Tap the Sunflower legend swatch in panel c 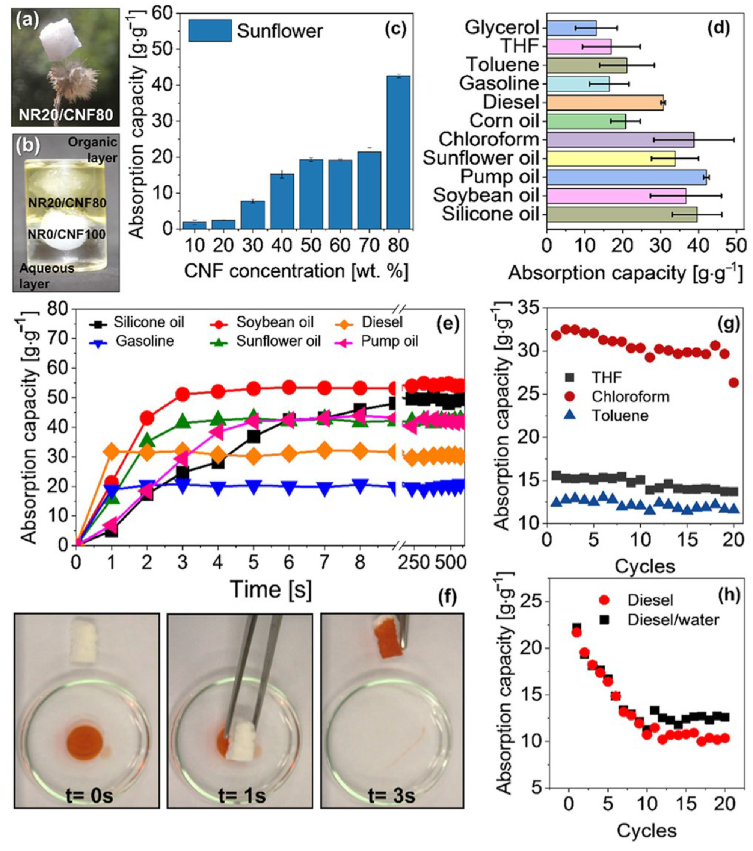pyautogui.click(x=210, y=30)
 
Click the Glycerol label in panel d pyautogui.click(x=502, y=28)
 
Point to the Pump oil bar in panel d pyautogui.click(x=626, y=177)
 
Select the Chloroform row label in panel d pyautogui.click(x=489, y=139)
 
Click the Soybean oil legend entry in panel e pyautogui.click(x=275, y=322)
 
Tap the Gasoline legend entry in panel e pyautogui.click(x=144, y=341)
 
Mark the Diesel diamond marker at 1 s pyautogui.click(x=112, y=451)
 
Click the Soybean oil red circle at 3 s pyautogui.click(x=182, y=394)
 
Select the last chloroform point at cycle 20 pyautogui.click(x=734, y=383)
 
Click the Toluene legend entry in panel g pyautogui.click(x=620, y=415)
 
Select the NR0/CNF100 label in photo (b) pyautogui.click(x=66, y=235)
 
